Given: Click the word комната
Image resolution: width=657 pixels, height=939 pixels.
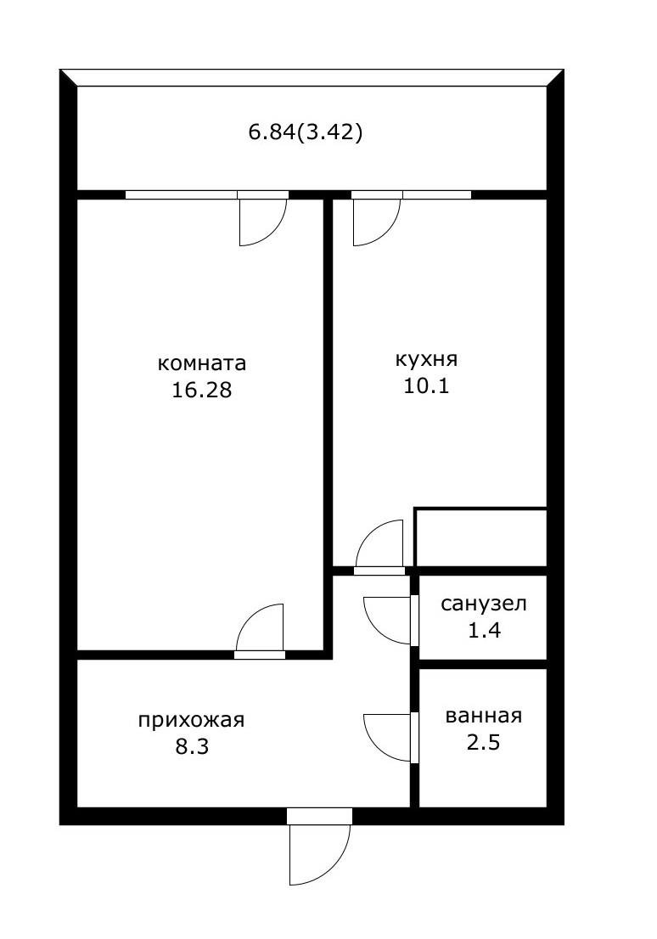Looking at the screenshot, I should click(202, 363).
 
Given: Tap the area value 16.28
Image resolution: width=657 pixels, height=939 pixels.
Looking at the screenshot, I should click(202, 391).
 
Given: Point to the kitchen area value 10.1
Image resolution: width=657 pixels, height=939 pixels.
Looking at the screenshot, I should click(427, 387).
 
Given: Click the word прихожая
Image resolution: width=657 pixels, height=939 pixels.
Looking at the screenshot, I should click(191, 720).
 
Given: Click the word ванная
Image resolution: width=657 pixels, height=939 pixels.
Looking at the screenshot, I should click(484, 715).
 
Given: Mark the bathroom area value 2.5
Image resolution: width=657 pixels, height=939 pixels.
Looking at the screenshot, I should click(484, 743).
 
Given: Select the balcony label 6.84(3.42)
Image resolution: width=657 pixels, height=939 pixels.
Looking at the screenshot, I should click(306, 132).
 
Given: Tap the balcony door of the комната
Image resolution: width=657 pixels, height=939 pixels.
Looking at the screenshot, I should click(262, 219).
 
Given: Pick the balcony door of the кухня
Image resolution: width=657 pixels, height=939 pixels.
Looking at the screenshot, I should click(376, 219).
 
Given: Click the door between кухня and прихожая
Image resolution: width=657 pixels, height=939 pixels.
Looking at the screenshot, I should click(379, 546).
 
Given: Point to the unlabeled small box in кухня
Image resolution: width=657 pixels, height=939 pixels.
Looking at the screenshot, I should click(480, 537).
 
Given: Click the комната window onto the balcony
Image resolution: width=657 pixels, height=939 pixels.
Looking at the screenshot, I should click(181, 194).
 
